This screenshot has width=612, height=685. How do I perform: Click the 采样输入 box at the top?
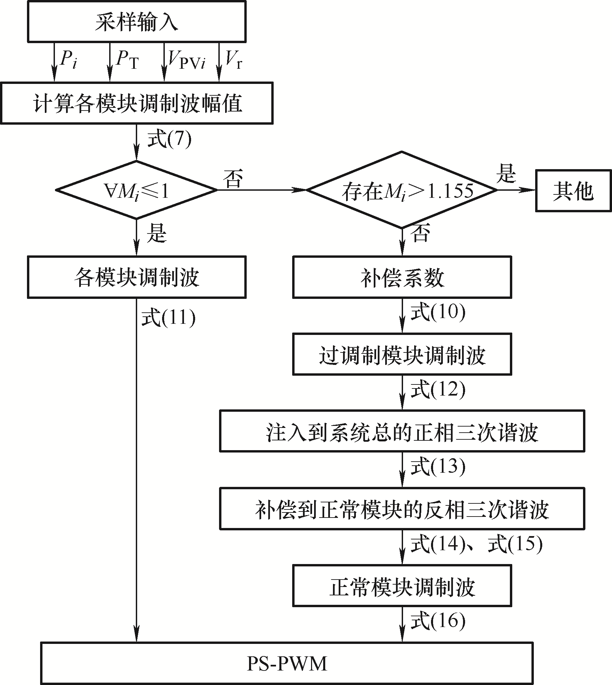(x=136, y=21)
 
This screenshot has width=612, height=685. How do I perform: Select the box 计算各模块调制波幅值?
(x=136, y=103)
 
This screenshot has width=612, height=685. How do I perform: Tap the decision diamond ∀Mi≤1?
(x=136, y=190)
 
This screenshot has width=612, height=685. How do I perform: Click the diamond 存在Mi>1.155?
(x=402, y=190)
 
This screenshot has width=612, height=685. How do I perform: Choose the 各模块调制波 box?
(x=136, y=277)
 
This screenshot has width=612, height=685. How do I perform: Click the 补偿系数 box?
(x=402, y=277)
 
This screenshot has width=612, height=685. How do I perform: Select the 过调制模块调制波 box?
(x=402, y=354)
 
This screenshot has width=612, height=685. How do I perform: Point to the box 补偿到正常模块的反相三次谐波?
(x=402, y=508)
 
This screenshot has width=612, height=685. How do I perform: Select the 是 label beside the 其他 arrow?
(x=506, y=174)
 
